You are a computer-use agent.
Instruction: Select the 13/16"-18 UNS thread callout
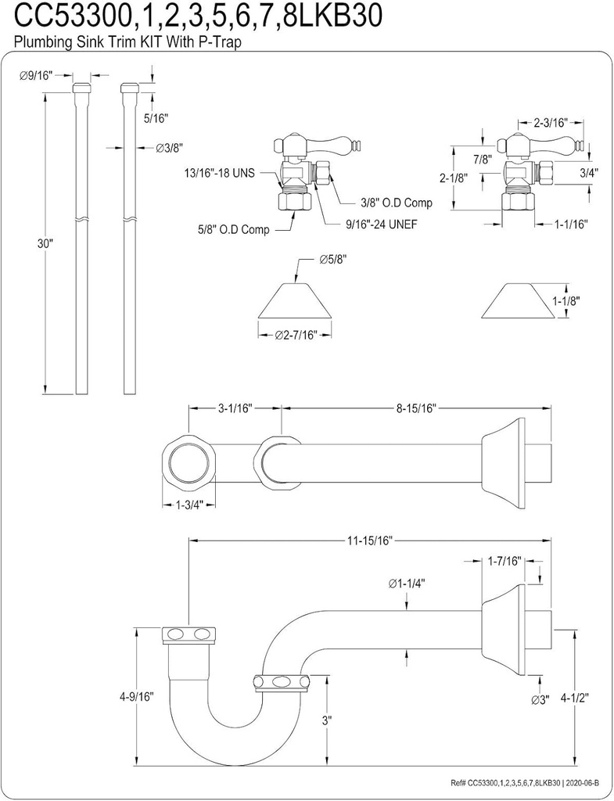tap(219, 173)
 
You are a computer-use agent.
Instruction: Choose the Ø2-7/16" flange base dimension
tap(295, 335)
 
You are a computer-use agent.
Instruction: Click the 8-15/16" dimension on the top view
tap(415, 408)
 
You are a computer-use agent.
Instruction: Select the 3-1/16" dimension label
tap(233, 408)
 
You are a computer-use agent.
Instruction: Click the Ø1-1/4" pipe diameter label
tap(407, 583)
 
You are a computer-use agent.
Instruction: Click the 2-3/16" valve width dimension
tap(551, 123)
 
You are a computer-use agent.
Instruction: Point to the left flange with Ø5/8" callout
tap(294, 302)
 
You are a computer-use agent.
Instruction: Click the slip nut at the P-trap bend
tap(278, 681)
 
